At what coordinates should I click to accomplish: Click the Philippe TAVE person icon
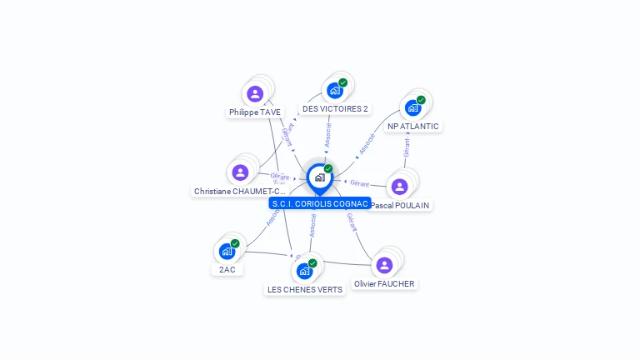tap(255, 93)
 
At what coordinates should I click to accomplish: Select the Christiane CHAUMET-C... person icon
tap(241, 172)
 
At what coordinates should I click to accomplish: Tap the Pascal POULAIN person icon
tap(399, 187)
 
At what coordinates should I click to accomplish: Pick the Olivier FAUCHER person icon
tap(384, 265)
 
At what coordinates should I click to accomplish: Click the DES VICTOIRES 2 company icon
tap(334, 90)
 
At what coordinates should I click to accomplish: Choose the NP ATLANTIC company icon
tap(412, 107)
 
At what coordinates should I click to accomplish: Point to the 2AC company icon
tap(227, 251)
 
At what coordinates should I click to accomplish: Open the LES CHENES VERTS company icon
tap(305, 271)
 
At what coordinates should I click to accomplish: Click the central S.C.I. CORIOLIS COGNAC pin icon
tap(319, 177)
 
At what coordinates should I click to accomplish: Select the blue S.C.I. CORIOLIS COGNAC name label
tap(320, 203)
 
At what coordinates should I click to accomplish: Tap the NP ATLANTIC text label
tap(413, 127)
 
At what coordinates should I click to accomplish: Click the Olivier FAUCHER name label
tap(384, 284)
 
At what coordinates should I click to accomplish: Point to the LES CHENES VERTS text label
tap(305, 290)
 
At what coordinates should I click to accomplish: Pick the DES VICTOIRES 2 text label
tap(335, 109)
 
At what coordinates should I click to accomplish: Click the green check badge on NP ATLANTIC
tap(421, 100)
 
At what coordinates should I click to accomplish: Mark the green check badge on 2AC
tap(235, 243)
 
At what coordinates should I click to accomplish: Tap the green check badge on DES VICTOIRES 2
tap(342, 82)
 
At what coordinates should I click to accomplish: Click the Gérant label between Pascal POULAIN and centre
tap(359, 183)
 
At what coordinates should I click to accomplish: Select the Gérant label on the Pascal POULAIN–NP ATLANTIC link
tap(407, 147)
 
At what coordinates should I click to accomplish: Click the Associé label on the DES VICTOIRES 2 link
tap(327, 136)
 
